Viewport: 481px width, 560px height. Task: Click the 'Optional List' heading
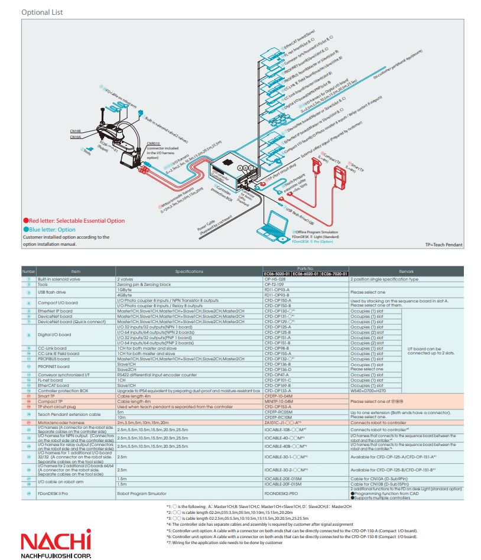[x=42, y=12]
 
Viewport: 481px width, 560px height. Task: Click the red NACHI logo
[x=56, y=540]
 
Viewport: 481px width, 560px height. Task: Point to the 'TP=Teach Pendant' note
[x=446, y=244]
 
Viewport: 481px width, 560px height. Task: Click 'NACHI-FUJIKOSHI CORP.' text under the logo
[x=56, y=555]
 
